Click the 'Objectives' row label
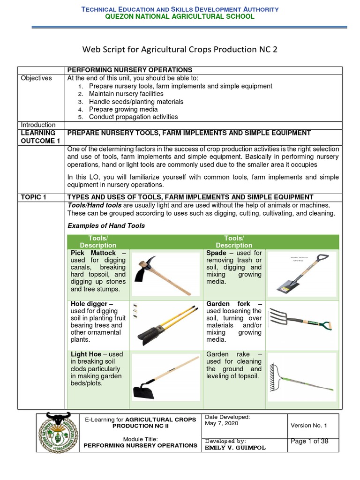tap(36, 78)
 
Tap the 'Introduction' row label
tap(37, 125)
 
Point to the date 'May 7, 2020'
tap(222, 423)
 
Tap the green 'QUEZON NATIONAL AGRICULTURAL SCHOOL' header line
tap(180, 16)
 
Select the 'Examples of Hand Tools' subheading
tap(106, 225)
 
